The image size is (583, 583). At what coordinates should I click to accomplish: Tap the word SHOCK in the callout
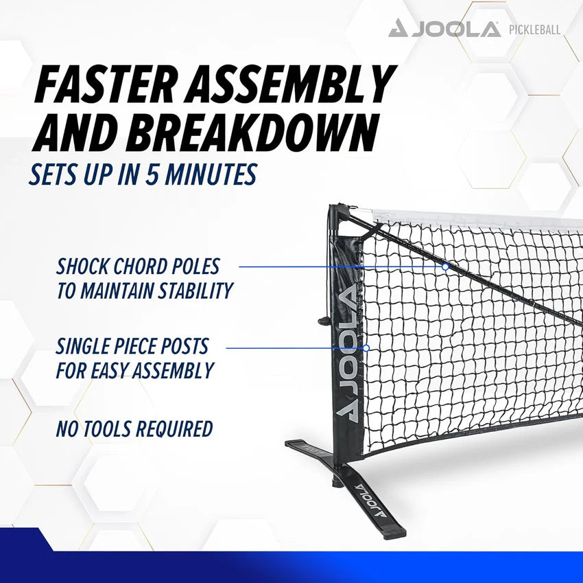[82, 266]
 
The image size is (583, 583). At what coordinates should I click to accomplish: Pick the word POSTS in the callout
[183, 346]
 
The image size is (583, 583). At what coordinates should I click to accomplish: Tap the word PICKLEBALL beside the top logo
[534, 30]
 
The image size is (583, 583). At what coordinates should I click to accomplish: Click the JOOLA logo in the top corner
[444, 29]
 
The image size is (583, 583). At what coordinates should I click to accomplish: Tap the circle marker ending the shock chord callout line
[446, 266]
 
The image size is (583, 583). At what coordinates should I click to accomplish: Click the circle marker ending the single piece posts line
[366, 348]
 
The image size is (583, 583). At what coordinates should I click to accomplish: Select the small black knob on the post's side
[322, 319]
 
